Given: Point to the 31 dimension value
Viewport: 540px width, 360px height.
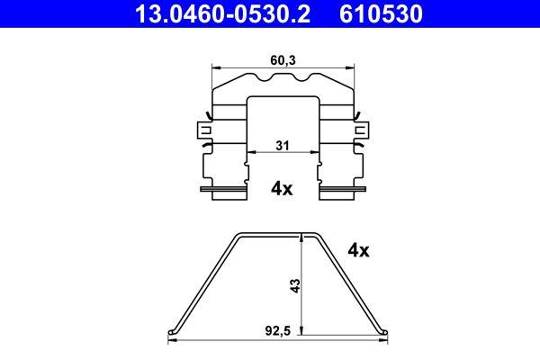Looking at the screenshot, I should coord(281,145).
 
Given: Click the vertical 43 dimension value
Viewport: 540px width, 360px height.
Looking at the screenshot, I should coord(294,286).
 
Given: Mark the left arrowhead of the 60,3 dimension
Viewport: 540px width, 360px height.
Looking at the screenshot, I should coord(213,67).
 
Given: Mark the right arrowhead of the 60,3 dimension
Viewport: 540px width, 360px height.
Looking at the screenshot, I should coord(349,67).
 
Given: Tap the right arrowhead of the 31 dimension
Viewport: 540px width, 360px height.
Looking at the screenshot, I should coord(314,154).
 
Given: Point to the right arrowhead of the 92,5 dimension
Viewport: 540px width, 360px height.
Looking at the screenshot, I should coord(389,341).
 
